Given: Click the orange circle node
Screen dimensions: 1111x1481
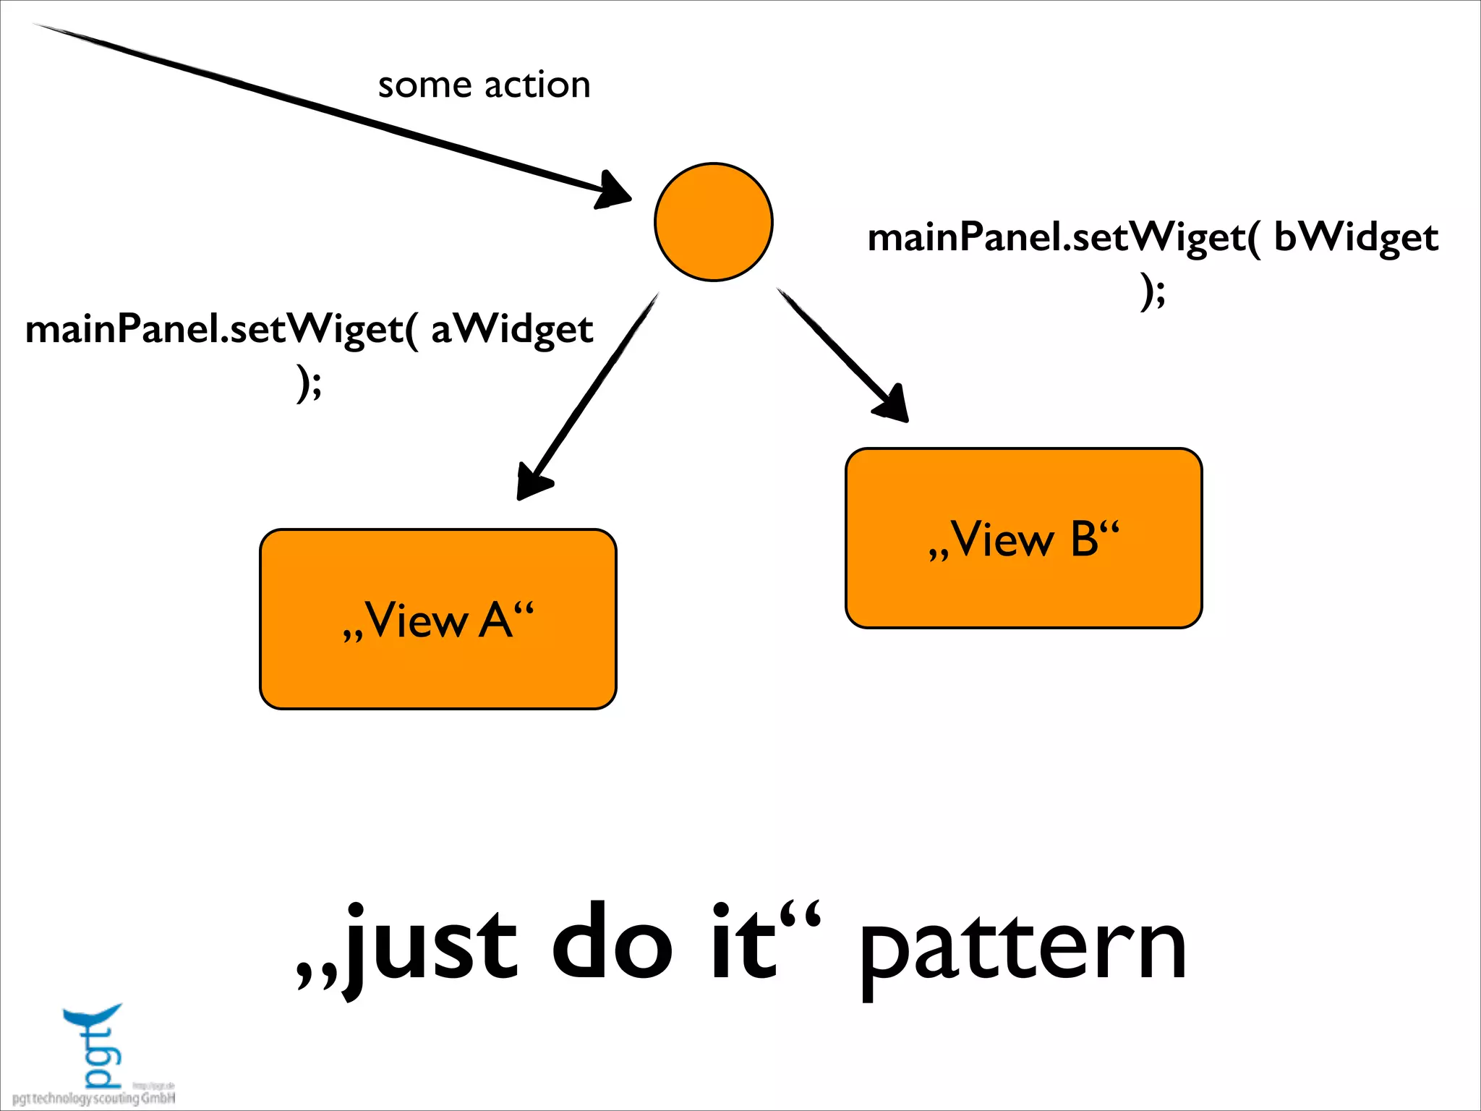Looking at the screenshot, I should coord(713,222).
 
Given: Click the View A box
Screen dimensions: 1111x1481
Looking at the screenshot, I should coord(438,619).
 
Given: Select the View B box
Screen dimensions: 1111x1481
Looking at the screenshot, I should coord(1023,538).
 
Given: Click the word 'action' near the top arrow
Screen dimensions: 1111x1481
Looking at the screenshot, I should coord(537,85).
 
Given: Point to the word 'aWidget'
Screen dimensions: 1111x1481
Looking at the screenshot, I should coord(512,330).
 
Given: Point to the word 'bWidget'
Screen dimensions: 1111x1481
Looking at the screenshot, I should coord(1355,238).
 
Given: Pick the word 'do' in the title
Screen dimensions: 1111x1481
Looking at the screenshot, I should coord(612,945).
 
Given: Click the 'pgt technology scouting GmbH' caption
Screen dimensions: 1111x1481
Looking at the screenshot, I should coord(94,1099).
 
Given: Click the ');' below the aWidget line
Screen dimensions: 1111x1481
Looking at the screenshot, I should coord(309,384).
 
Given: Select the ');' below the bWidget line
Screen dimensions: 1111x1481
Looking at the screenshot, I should coord(1153,291).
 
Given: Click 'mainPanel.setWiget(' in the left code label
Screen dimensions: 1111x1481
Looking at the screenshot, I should coord(221,330).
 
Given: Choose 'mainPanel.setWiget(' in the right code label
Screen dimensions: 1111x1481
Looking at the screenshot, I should coord(1063,238).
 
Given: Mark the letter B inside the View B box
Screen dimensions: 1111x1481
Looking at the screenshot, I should coord(1084,539).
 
